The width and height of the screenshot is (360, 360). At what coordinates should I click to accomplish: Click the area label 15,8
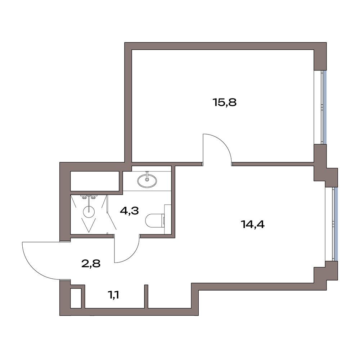[225, 102]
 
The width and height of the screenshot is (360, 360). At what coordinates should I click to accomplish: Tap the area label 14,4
[252, 224]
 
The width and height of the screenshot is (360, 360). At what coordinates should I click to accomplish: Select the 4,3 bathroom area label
[129, 210]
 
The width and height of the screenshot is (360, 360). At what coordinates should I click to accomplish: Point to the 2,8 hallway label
[91, 264]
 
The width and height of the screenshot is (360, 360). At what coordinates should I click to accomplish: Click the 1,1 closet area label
[113, 295]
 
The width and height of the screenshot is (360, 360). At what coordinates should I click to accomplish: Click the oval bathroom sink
[147, 180]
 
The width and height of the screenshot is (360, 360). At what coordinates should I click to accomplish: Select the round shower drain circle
[89, 212]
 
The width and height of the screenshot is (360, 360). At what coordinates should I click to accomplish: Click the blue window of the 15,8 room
[325, 107]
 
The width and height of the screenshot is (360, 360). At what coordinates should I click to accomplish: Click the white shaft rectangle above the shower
[95, 181]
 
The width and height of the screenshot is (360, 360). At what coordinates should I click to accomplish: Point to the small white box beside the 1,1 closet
[76, 298]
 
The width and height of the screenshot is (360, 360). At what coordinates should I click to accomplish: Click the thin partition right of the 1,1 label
[146, 296]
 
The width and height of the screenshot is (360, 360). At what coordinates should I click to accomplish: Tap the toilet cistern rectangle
[168, 219]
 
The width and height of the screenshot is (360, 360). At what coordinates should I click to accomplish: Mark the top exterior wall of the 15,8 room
[225, 46]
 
